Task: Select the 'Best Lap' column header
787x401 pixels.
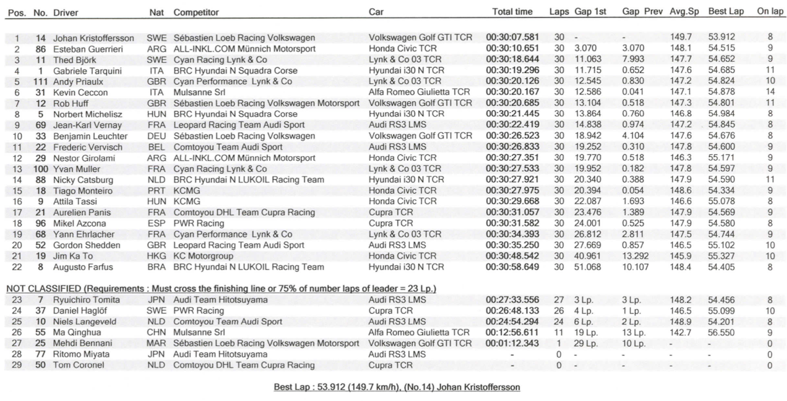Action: coord(725,12)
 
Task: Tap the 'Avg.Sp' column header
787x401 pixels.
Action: coord(685,12)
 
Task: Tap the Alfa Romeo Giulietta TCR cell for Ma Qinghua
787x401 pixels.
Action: coord(420,333)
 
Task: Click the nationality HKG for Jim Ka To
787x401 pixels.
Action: coord(156,255)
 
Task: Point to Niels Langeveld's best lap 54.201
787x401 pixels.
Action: coord(722,322)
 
